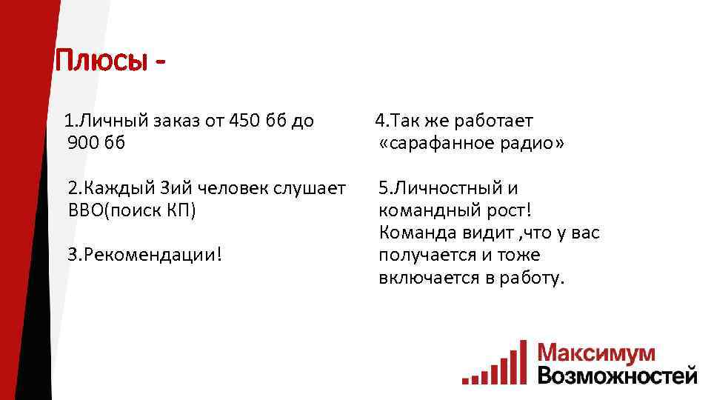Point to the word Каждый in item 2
(x=119, y=188)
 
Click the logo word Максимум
(x=597, y=353)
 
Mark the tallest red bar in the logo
(x=523, y=362)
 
